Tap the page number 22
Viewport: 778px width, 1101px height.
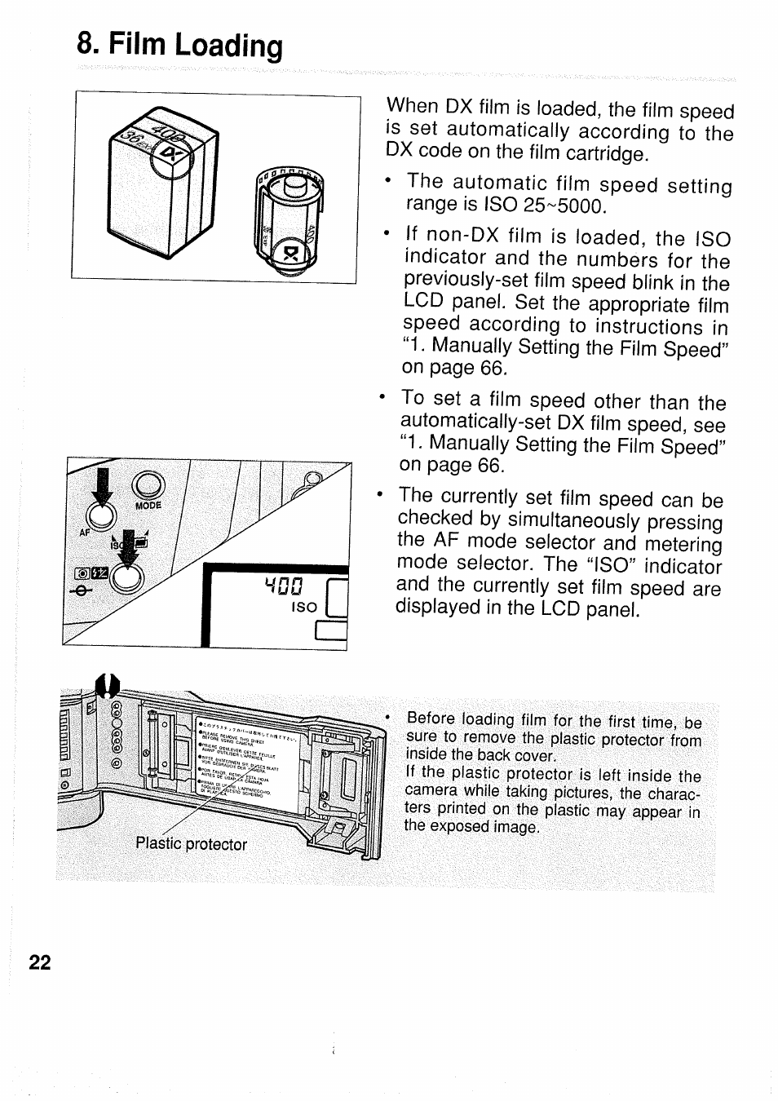(39, 963)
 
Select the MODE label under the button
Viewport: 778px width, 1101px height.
(148, 505)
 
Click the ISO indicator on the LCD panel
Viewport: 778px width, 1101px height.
(303, 607)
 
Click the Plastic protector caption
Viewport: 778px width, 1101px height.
(191, 844)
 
